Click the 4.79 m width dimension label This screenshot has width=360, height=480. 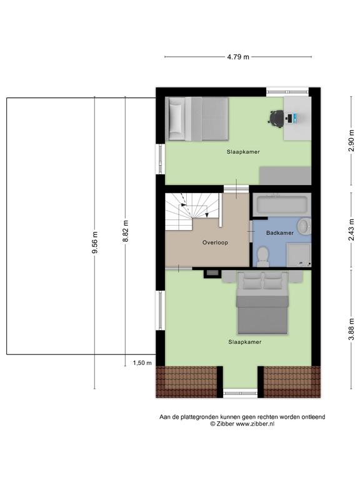tap(238, 57)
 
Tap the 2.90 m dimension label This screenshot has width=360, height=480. tap(351, 141)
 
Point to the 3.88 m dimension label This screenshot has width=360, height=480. tap(351, 329)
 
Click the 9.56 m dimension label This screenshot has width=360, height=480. tap(94, 242)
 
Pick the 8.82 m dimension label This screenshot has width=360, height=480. tap(125, 231)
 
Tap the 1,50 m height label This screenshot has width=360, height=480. tap(142, 363)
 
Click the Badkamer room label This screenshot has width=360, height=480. tap(280, 233)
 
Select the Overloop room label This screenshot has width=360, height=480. tap(215, 242)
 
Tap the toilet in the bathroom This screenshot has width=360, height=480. tap(263, 256)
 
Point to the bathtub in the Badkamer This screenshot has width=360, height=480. tap(282, 204)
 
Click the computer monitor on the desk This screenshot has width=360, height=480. tap(295, 117)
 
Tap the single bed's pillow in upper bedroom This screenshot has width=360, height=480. tap(176, 119)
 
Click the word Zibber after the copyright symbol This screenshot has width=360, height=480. tap(225, 424)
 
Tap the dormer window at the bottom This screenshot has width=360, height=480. tap(240, 393)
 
